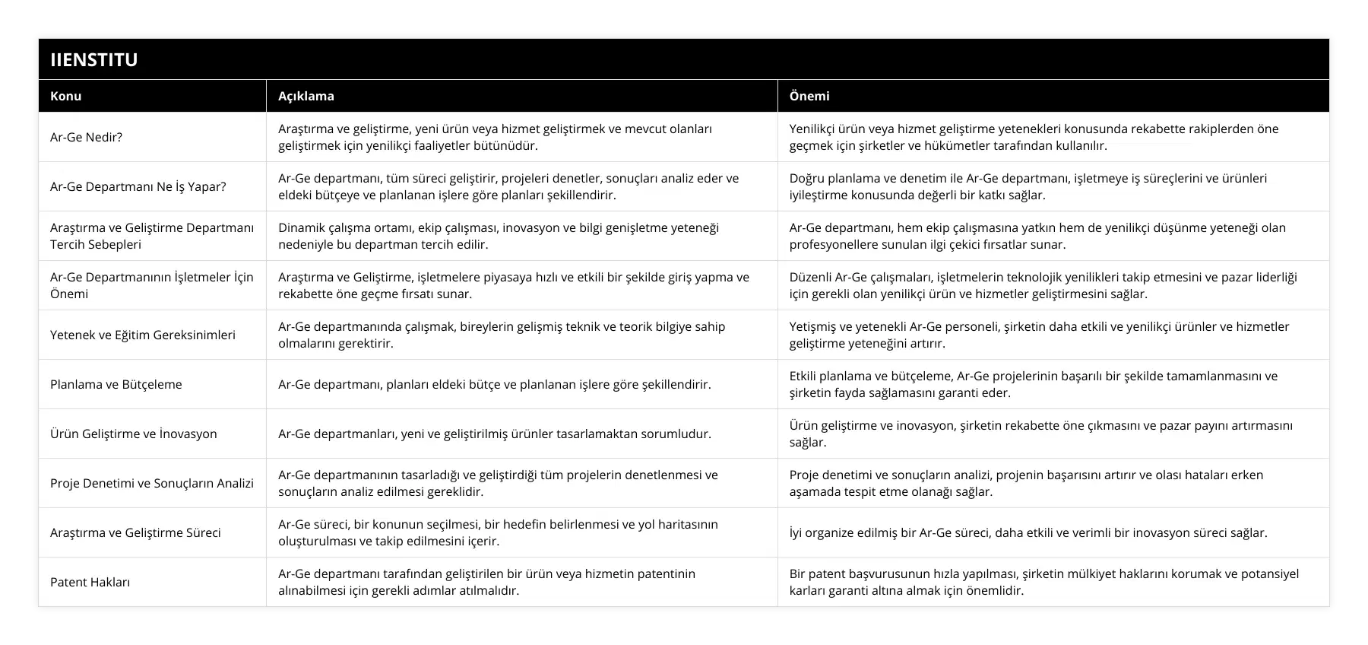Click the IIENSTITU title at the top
coord(94,59)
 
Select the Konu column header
coord(66,96)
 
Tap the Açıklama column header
coord(306,96)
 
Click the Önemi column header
coord(809,96)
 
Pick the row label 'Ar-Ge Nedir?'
coord(86,137)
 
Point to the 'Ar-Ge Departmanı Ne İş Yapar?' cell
coord(138,186)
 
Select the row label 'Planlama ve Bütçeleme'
coord(116,384)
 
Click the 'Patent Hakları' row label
coord(90,582)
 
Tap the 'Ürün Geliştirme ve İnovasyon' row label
coord(134,434)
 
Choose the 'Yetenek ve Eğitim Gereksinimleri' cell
coord(143,335)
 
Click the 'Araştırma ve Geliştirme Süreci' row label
coord(135,532)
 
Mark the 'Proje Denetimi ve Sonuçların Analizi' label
coord(152,483)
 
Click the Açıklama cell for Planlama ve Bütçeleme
coord(494,384)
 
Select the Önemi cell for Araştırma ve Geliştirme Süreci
coord(1028,532)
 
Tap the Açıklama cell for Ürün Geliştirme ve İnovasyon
coord(494,434)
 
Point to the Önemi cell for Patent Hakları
coord(1043,582)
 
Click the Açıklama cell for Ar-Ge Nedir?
coord(494,137)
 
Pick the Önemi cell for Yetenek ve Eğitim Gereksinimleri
coord(1039,335)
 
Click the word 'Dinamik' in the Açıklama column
coord(299,227)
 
